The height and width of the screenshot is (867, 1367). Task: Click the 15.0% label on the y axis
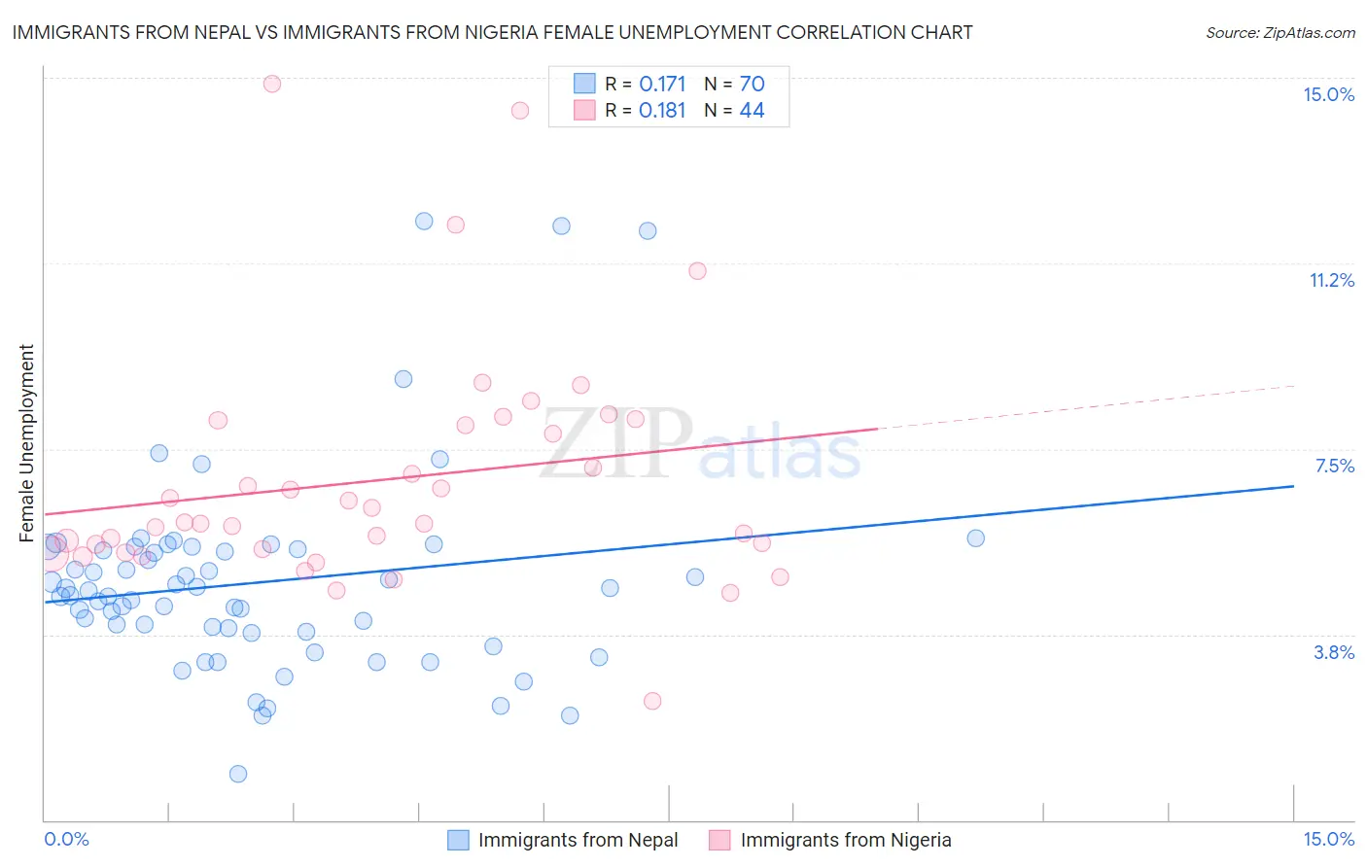(x=1328, y=94)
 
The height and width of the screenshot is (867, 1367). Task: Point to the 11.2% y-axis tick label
(x=1331, y=281)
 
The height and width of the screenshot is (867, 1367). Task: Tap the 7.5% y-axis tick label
(x=1334, y=467)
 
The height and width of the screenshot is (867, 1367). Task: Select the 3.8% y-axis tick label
(x=1334, y=653)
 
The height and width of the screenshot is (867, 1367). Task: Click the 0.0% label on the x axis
(x=66, y=839)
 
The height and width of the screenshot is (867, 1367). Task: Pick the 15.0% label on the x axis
(x=1328, y=839)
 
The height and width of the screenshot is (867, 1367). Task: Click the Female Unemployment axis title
(x=26, y=443)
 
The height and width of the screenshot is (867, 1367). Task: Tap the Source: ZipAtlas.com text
(x=1279, y=33)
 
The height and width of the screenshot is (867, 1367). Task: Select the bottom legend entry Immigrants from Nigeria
(x=845, y=840)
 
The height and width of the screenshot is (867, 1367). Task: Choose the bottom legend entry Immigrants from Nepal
(x=578, y=840)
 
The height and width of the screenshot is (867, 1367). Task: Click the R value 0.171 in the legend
(x=662, y=85)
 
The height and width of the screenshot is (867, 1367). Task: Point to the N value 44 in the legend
(x=752, y=111)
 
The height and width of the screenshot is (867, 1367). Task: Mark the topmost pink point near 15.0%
(x=272, y=84)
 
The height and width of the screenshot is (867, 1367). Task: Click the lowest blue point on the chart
(x=238, y=774)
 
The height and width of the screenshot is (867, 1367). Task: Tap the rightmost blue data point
(x=976, y=538)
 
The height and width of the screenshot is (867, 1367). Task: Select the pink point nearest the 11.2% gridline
(x=697, y=271)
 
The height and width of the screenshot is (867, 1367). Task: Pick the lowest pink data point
(x=652, y=701)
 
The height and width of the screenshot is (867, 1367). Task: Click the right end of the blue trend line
(x=1293, y=486)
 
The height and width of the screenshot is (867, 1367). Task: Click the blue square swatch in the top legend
(x=584, y=85)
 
